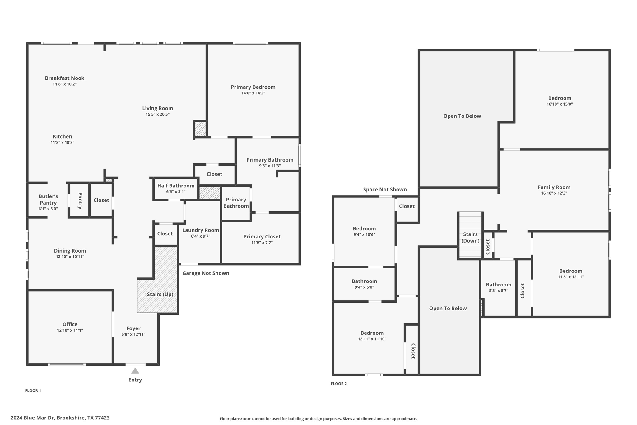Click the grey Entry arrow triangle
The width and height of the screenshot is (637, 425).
point(135,371)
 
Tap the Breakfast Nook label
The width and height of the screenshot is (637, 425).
point(64,78)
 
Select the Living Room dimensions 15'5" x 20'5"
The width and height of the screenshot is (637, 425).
point(157,114)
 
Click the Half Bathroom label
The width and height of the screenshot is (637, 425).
point(176,186)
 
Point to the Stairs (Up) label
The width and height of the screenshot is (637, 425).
point(160,294)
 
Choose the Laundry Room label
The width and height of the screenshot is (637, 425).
point(200,230)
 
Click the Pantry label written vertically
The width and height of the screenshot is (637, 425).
point(80,201)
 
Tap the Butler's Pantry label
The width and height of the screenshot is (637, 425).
point(48,200)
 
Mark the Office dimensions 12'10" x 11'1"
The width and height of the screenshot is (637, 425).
point(70,330)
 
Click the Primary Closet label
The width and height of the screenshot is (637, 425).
point(262,237)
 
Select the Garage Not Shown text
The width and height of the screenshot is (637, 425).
point(206,273)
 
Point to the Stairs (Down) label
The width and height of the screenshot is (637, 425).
point(470,238)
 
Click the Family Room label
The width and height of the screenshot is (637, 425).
point(554,187)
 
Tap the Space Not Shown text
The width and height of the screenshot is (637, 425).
point(385,190)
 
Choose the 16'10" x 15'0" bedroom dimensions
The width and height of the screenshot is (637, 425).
point(560,104)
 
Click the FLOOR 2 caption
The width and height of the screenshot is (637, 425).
point(339,384)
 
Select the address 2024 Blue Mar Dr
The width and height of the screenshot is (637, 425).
point(60,418)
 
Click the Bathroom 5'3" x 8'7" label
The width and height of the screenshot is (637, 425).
point(499,285)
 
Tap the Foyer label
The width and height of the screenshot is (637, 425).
point(133,328)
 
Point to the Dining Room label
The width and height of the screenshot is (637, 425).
point(70,251)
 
